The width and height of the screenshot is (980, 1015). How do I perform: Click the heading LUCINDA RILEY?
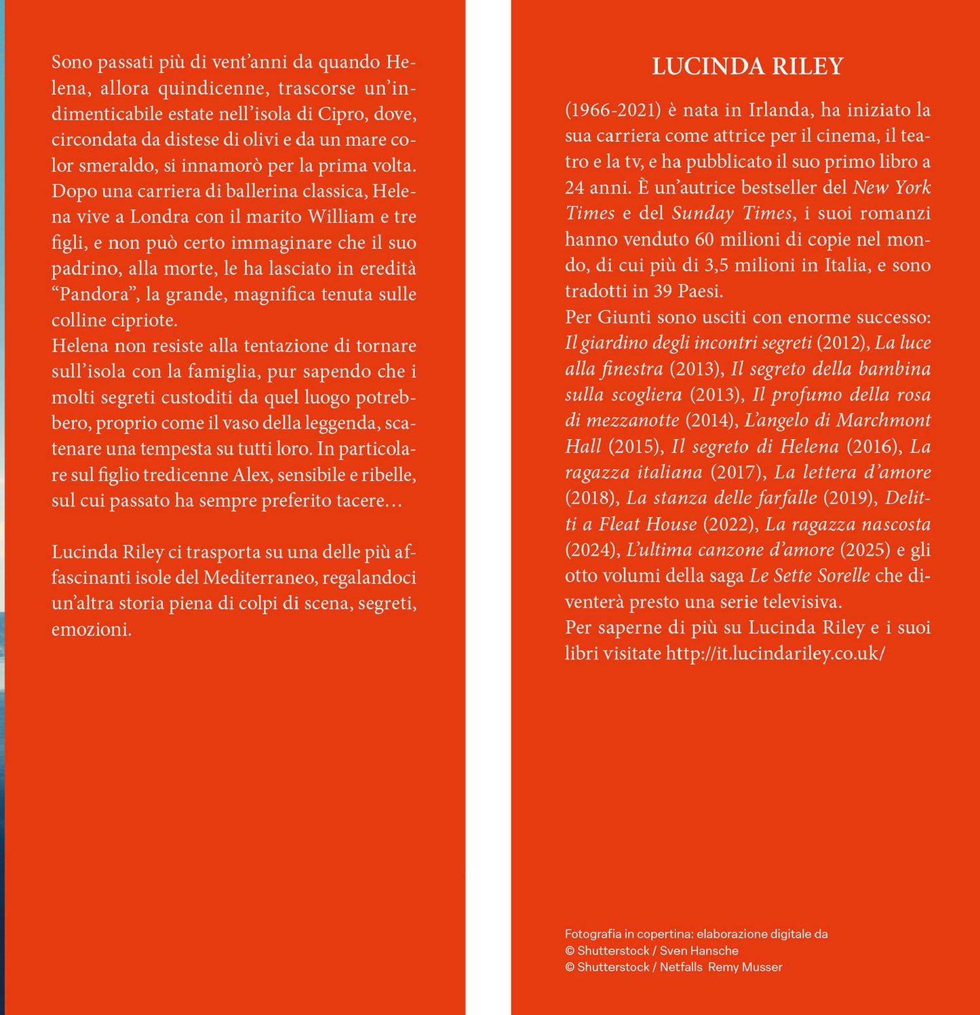tap(747, 66)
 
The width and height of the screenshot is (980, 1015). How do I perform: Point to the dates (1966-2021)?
tap(612, 110)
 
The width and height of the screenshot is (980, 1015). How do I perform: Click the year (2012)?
tap(843, 343)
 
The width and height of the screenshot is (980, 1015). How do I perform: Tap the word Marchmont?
tap(883, 420)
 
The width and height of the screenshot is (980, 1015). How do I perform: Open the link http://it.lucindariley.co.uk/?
tap(775, 653)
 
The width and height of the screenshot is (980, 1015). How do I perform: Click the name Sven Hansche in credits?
tap(699, 951)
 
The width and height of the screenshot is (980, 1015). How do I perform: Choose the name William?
tap(340, 216)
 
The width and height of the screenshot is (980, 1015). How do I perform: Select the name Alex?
tap(251, 474)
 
